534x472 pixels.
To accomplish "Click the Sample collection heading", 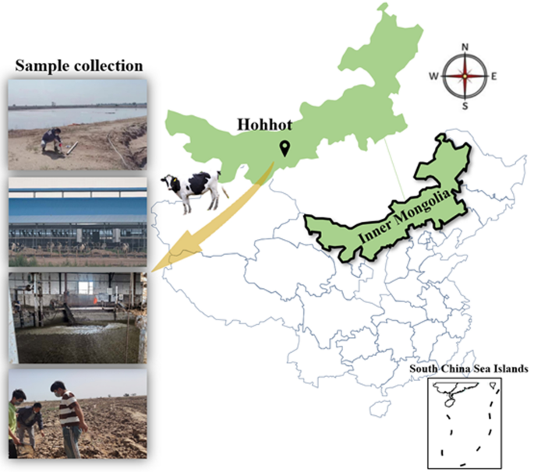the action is tap(75, 65).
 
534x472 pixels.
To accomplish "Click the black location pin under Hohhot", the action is tap(285, 148).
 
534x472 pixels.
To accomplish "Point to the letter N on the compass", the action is tap(466, 47).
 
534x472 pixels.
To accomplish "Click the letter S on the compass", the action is tap(466, 106).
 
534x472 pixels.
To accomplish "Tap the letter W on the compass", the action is tap(436, 76).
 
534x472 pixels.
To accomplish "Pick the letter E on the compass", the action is tap(494, 76).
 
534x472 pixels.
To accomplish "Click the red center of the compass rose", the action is tap(466, 76).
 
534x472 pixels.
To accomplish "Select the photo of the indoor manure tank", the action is tap(76, 315).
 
